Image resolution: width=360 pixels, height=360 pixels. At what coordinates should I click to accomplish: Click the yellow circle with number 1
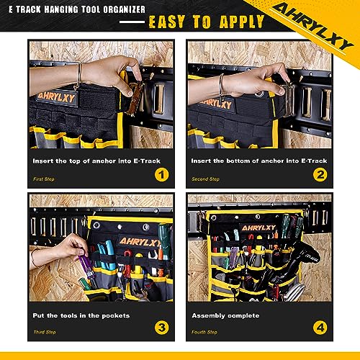pyautogui.click(x=162, y=174)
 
